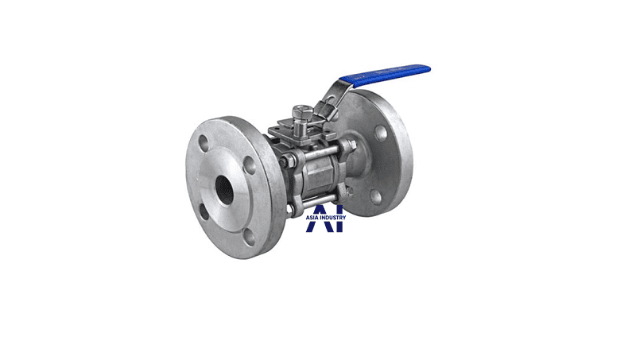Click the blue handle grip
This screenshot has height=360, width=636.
tap(385, 75)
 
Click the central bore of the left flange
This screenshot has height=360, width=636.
tap(224, 190)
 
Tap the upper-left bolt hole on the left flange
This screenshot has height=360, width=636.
tap(204, 144)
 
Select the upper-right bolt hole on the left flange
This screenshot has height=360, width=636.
tap(249, 165)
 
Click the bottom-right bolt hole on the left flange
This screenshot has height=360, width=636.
tap(250, 237)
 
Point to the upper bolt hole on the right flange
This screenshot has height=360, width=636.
tap(381, 133)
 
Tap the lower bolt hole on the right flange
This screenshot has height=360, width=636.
tap(376, 197)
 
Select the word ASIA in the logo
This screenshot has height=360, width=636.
tap(312, 217)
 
